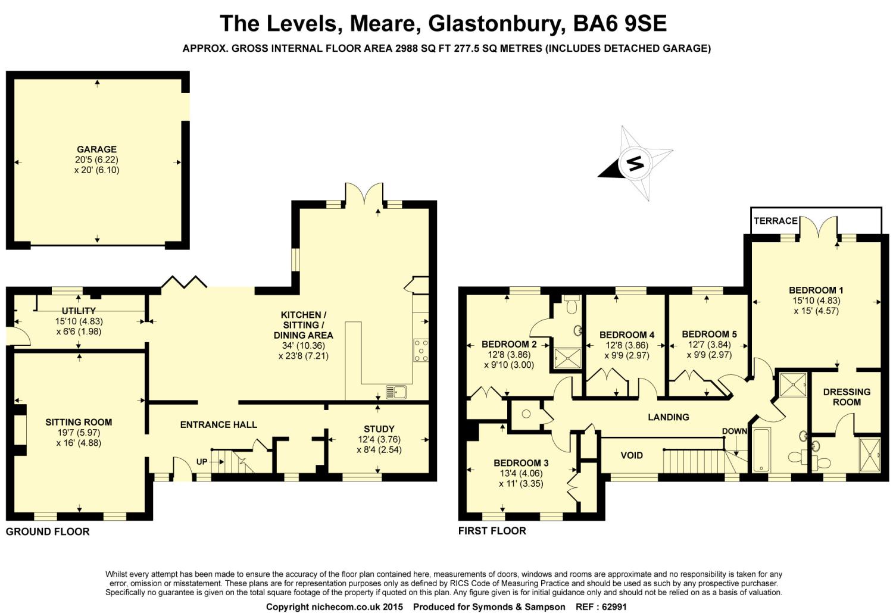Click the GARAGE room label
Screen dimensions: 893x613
click(96, 149)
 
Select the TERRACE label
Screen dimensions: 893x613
click(775, 221)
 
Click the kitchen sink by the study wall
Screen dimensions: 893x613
click(396, 392)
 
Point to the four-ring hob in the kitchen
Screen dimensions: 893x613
click(421, 350)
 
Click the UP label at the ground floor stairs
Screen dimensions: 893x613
click(202, 461)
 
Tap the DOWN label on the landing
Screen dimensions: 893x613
click(734, 431)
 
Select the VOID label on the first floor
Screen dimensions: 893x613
click(632, 455)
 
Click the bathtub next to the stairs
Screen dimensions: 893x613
click(761, 450)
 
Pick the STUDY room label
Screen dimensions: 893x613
click(379, 429)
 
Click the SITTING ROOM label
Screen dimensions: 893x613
click(79, 422)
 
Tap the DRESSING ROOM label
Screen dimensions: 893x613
click(847, 397)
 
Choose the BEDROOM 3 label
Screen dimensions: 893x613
click(521, 463)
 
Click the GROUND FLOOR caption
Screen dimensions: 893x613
click(48, 531)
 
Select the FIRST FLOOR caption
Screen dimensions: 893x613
click(492, 530)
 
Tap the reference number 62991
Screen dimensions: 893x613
click(614, 607)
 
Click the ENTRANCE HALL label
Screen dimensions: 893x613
click(218, 424)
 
